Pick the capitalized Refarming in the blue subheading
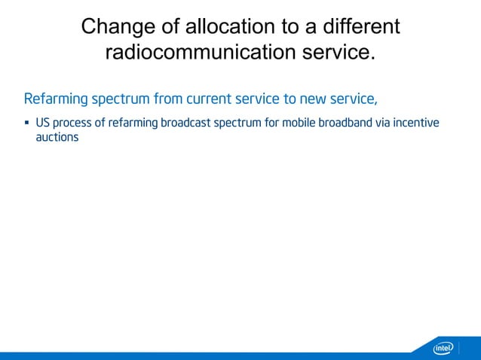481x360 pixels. pos(56,99)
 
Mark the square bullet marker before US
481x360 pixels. pos(27,122)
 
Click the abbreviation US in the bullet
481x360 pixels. pos(42,122)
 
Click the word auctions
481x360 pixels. pos(57,139)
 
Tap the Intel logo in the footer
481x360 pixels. pos(443,348)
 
